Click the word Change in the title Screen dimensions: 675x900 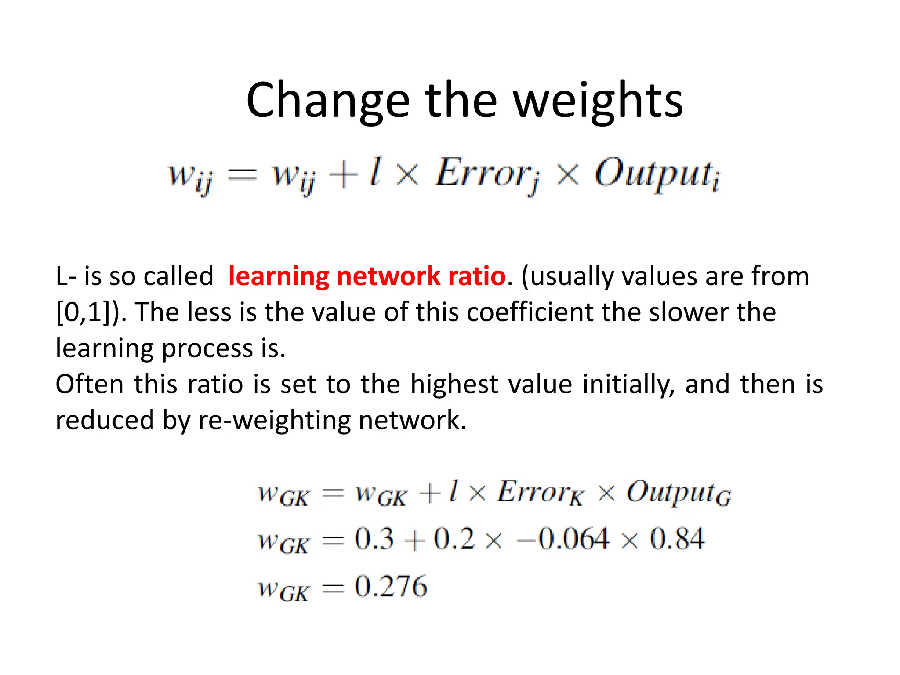[x=327, y=101]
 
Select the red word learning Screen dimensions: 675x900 [x=279, y=276]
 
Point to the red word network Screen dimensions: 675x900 [x=388, y=276]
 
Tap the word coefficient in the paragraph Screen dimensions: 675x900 [x=530, y=312]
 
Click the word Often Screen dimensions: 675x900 [x=90, y=384]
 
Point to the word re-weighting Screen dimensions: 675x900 [x=274, y=420]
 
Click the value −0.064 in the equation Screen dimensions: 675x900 [x=563, y=539]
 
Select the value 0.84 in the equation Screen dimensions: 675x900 [x=677, y=539]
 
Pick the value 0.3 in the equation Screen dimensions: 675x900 [x=374, y=539]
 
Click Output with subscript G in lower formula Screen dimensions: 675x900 [x=679, y=493]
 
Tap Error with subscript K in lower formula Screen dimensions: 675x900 [x=541, y=493]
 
